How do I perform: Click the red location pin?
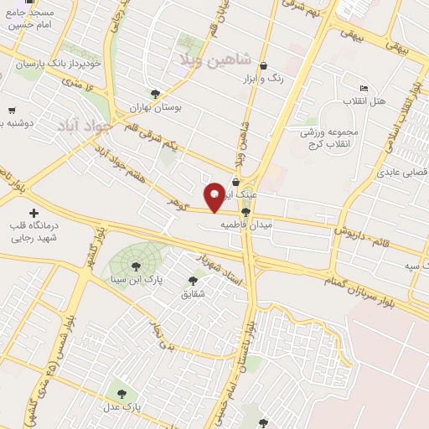[214, 197]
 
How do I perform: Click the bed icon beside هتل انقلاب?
[363, 88]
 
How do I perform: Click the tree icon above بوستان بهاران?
[154, 94]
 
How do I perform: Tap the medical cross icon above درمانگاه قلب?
[34, 214]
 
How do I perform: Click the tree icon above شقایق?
[194, 282]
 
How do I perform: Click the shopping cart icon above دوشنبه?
[12, 110]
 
